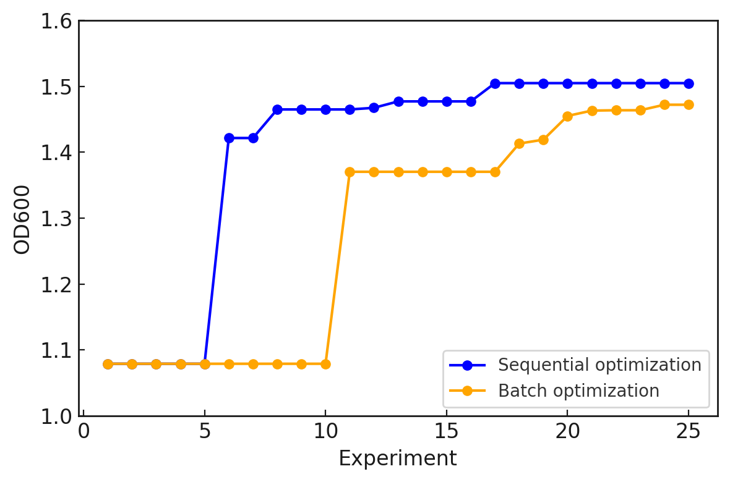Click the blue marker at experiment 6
pos(229,138)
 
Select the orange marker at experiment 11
pos(350,172)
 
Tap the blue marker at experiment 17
pos(495,83)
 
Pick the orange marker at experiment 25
pos(689,104)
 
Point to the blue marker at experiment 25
pos(689,83)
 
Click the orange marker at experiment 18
pos(519,143)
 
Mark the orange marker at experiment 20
pos(567,116)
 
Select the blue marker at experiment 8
pos(277,109)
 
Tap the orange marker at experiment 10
pos(325,364)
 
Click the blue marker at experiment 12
pos(374,108)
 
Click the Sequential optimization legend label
pos(599,365)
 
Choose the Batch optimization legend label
pos(578,391)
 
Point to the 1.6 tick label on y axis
pos(56,21)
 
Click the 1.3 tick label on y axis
pos(56,219)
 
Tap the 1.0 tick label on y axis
pos(56,416)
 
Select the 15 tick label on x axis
pos(447,431)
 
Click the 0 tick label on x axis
pos(84,431)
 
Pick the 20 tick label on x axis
pos(567,431)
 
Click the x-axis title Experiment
pos(397,459)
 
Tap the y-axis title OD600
pos(22,219)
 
